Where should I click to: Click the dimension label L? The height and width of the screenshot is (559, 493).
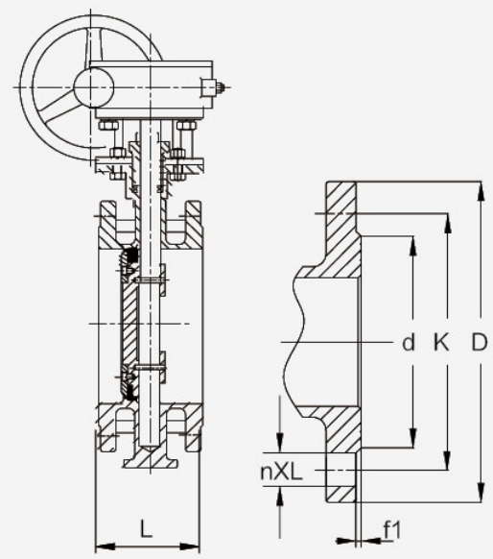[146, 528]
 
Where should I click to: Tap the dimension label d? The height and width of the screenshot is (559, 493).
[409, 342]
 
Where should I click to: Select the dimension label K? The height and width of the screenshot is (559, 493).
[441, 342]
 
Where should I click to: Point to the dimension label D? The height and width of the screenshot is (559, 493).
[480, 342]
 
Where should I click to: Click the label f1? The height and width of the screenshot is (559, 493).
[392, 530]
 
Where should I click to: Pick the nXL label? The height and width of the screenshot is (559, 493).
[282, 472]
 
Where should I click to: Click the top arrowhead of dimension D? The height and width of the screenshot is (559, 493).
[481, 192]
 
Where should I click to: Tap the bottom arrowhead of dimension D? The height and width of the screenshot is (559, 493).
[481, 493]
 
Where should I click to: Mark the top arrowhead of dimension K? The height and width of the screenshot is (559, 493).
[448, 224]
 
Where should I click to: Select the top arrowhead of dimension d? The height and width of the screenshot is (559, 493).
[412, 246]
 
